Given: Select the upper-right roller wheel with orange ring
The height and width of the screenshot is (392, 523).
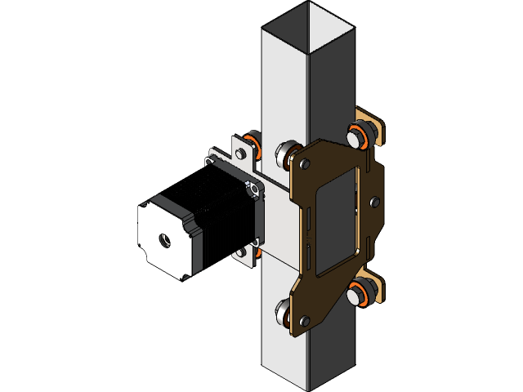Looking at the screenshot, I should pos(360,135).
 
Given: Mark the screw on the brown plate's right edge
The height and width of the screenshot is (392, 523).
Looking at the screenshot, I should pos(374,201).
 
